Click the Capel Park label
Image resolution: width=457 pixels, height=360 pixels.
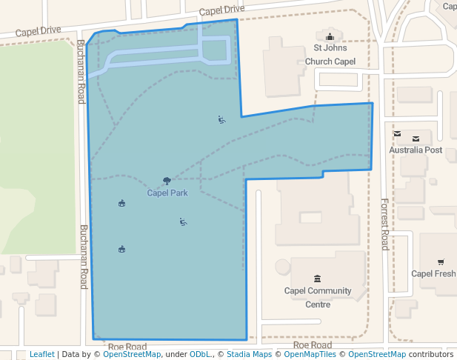167,193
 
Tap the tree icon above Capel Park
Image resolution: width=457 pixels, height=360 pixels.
167,181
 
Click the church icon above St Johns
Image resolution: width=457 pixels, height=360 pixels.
330,37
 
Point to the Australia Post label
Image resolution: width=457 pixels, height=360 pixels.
416,150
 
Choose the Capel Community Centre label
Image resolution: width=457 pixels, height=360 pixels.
318,297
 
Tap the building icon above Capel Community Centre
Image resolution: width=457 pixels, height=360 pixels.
318,279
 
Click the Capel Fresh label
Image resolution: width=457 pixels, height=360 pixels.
434,273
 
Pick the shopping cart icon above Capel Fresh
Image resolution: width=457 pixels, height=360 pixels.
441,261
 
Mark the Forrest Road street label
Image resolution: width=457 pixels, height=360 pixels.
384,224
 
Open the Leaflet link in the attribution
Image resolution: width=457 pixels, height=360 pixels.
41,355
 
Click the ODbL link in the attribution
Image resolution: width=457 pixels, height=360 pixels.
200,355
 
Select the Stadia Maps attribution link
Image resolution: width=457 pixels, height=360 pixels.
249,355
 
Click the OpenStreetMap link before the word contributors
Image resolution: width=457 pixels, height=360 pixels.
377,355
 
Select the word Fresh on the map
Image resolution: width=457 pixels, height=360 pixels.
444,273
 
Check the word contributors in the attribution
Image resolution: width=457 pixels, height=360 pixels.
430,355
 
